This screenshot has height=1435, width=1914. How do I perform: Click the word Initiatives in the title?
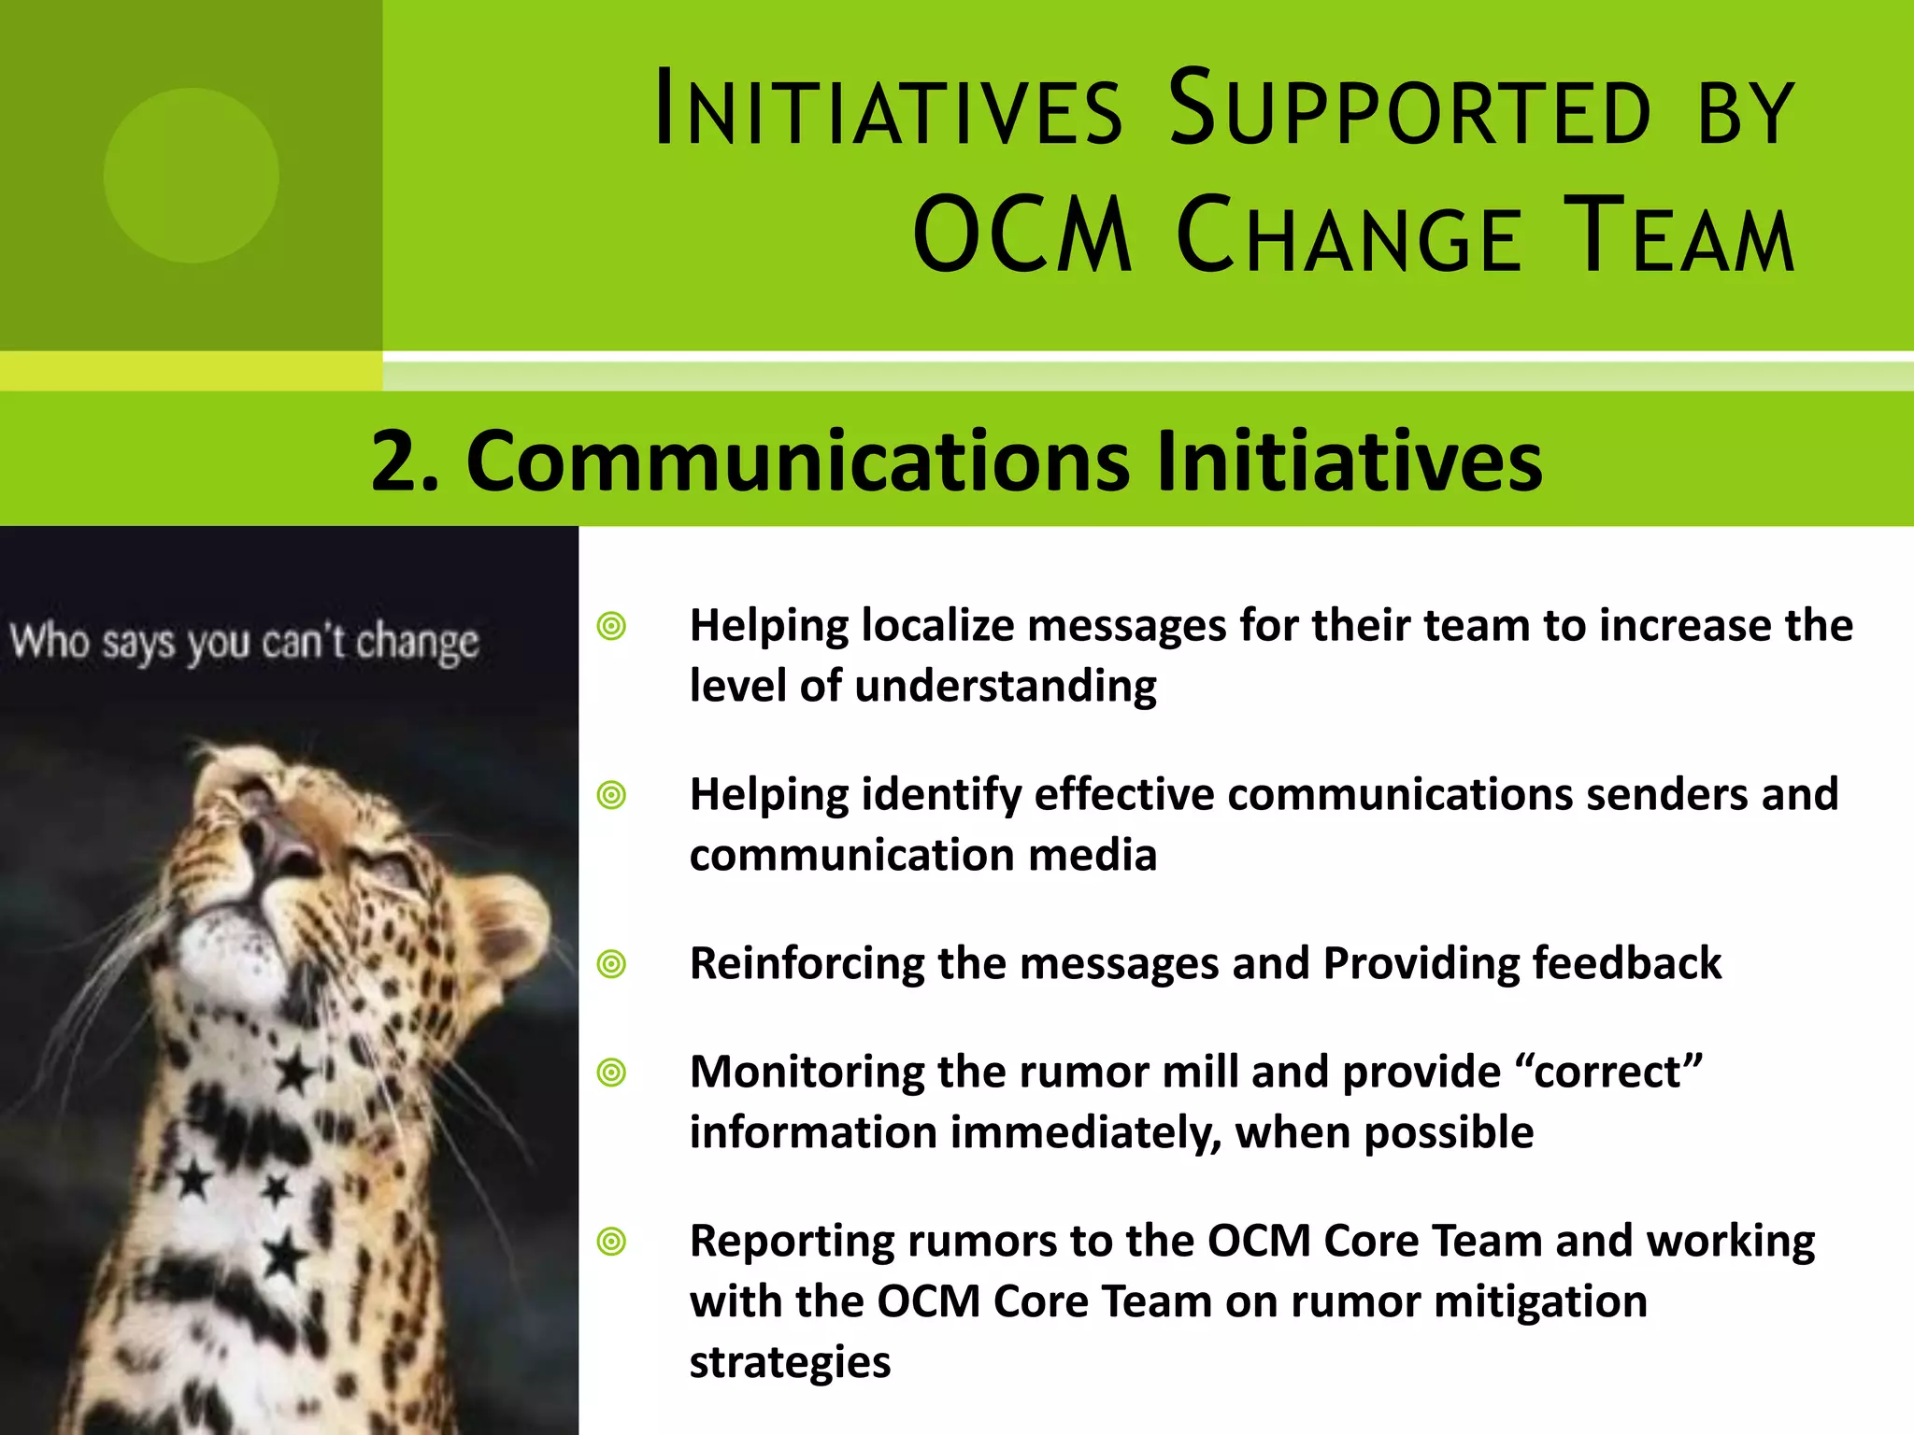888,110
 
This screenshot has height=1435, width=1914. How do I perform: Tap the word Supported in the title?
1411,110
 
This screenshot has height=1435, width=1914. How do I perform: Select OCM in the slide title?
1022,236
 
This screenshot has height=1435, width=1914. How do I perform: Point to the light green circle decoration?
192,175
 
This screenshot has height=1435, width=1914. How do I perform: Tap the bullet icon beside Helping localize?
611,626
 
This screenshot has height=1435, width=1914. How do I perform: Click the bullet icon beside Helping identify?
611,795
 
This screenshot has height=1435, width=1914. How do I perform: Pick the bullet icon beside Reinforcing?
611,963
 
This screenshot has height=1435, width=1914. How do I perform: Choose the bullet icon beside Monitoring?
611,1072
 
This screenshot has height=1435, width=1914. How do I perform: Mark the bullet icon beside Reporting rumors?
611,1241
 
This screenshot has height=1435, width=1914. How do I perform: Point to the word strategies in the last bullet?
790,1362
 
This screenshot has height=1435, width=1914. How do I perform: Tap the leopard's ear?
509,920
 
